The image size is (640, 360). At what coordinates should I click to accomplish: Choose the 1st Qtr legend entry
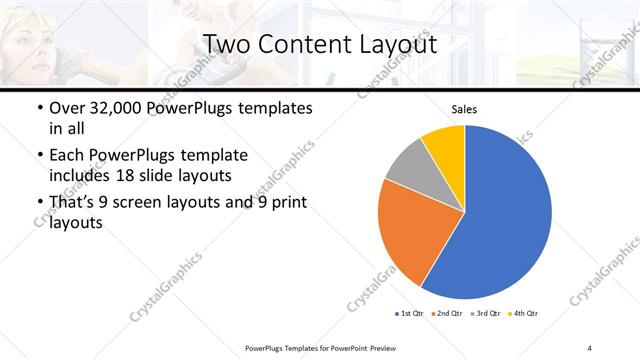(409, 314)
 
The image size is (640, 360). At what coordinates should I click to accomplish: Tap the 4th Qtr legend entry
(525, 314)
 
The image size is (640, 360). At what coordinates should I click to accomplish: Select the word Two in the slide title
(227, 45)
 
